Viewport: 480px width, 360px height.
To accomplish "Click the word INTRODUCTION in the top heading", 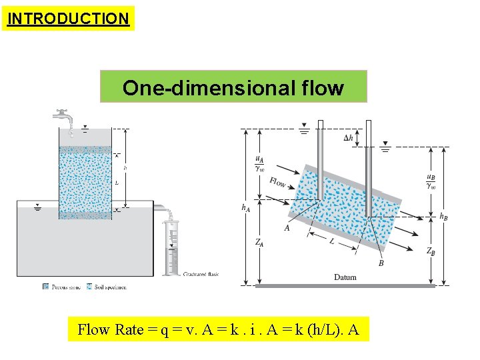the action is point(68,18).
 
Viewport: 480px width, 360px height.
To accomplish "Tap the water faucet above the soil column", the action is point(64,115).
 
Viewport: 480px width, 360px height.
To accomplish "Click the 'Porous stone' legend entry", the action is point(63,287).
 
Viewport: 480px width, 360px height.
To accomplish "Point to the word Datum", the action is point(345,277).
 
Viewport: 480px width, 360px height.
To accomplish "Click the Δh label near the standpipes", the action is point(348,138).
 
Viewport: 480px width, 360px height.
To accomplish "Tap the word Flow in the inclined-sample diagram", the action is point(279,181).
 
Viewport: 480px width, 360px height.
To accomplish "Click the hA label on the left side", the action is point(245,208).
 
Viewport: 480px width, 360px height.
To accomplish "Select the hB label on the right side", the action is point(443,217).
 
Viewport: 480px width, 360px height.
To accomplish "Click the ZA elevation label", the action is point(259,243).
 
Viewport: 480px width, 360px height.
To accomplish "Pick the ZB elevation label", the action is point(432,251).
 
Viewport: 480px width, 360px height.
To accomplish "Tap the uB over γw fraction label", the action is point(432,181).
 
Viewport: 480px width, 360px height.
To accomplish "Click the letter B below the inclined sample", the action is point(381,263).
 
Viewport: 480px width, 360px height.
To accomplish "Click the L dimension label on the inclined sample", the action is point(331,241).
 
